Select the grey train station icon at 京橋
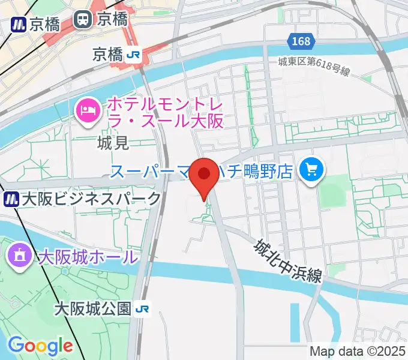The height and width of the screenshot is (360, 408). pos(83,20)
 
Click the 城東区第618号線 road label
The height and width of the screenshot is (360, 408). pos(314,66)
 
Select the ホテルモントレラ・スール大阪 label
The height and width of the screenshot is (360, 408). pos(164,113)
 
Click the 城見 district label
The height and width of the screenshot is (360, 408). pos(113,143)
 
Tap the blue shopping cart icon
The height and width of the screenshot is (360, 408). pos(311,171)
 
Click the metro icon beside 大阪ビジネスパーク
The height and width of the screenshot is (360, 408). pos(10,198)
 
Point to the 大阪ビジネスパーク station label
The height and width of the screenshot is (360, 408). pos(91,199)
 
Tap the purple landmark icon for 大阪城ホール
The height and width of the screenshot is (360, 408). pos(19,258)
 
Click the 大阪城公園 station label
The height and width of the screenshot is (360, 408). pos(92,309)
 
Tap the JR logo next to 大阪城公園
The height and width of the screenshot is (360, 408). pos(143,309)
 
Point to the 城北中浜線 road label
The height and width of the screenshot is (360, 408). pos(288,262)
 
